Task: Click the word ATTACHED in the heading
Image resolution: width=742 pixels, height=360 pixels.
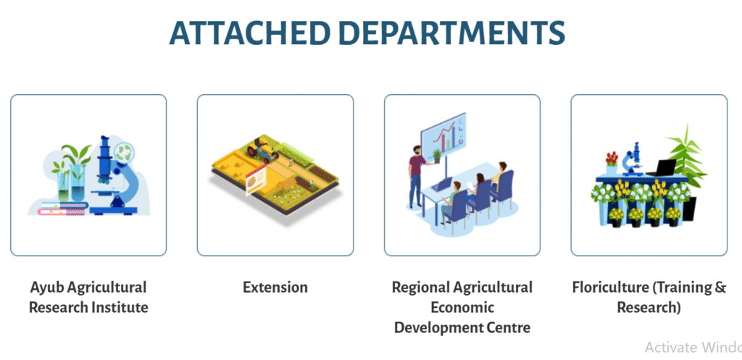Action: point(248,33)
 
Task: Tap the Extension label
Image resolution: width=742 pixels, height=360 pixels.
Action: point(275,287)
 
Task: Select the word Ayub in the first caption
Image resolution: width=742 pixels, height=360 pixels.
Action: point(46,288)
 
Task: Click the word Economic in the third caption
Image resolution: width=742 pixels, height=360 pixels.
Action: point(462,308)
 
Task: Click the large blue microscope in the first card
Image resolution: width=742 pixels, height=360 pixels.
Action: point(114,175)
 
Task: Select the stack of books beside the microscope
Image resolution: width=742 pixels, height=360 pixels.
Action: point(63,208)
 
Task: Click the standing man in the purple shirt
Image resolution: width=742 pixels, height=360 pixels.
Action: point(416,175)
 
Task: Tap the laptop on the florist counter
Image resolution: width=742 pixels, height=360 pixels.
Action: point(662,168)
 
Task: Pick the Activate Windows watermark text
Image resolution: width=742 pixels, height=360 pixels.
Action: point(693,347)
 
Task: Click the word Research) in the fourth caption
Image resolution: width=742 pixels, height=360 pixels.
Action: point(649,308)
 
